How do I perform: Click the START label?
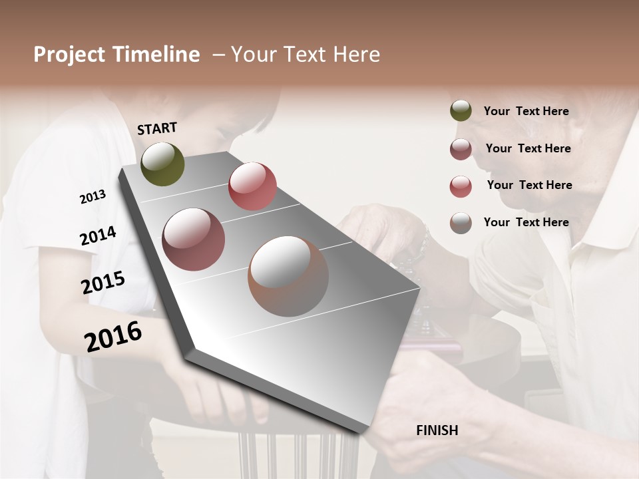[x=157, y=128]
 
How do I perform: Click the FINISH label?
[x=437, y=430]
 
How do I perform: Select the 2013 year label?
[x=93, y=197]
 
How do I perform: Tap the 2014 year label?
[x=98, y=236]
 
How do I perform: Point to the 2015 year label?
[x=103, y=283]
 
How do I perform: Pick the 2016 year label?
[x=113, y=336]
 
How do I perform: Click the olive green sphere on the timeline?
[x=162, y=164]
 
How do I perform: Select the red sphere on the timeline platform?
[x=252, y=186]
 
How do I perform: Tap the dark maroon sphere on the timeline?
[x=194, y=239]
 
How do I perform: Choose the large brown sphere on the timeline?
[x=288, y=276]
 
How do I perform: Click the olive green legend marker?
[x=461, y=111]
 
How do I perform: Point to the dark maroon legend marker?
[x=461, y=149]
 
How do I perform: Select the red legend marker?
[x=461, y=186]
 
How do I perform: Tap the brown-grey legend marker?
[x=461, y=223]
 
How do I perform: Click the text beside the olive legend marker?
[x=526, y=111]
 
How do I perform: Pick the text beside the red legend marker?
[x=529, y=185]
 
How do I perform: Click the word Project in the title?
[x=69, y=55]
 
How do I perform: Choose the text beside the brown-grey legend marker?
[x=526, y=222]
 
